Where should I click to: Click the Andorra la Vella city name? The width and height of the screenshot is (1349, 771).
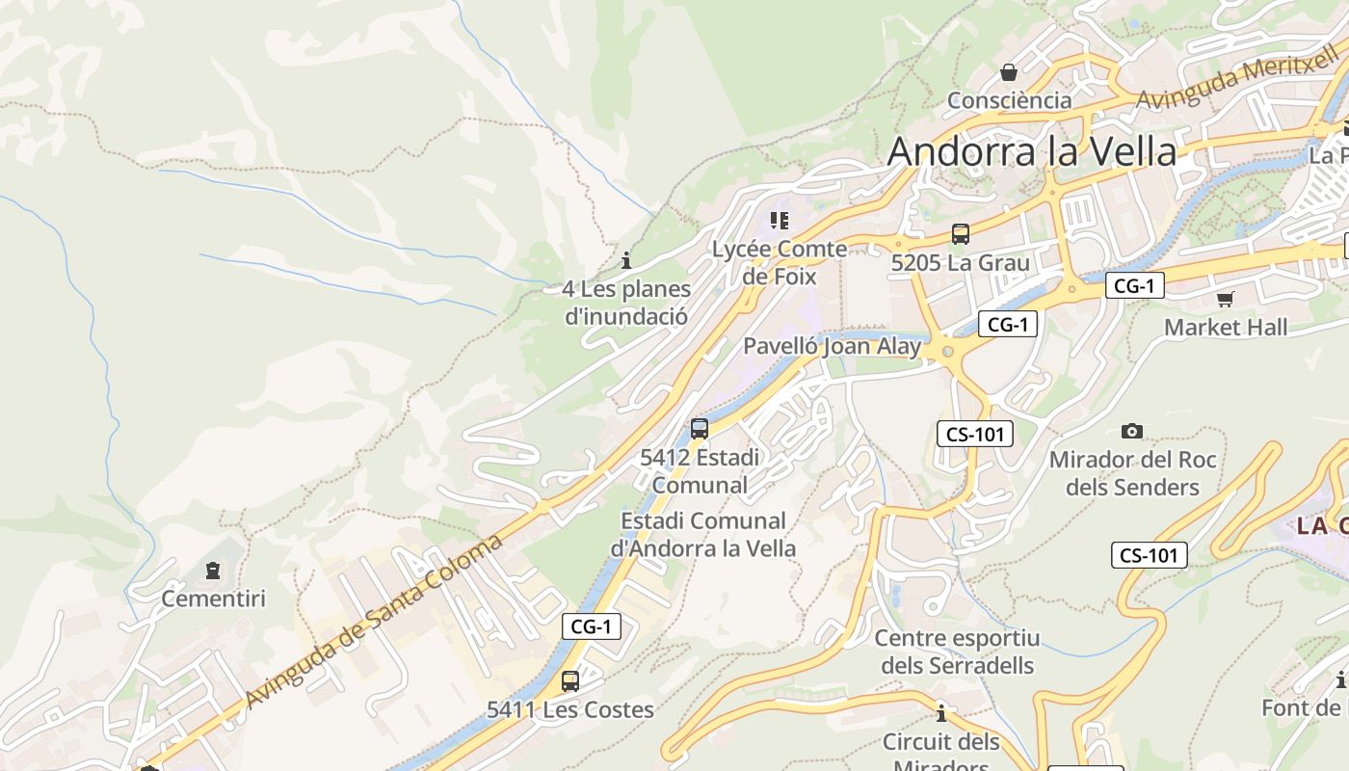click(1032, 151)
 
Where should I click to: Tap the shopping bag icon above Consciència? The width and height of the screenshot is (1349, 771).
click(1009, 72)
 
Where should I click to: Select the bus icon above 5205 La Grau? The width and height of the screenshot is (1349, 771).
click(960, 233)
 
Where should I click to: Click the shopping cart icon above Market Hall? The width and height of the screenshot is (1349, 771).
click(1225, 299)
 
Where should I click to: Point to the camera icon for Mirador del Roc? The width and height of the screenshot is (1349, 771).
click(1132, 431)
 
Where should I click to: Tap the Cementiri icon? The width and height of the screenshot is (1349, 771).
click(213, 571)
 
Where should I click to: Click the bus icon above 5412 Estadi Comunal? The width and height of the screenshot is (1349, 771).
click(700, 429)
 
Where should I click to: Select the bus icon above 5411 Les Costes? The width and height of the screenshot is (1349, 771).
click(570, 681)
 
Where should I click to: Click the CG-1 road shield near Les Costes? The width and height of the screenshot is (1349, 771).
click(591, 626)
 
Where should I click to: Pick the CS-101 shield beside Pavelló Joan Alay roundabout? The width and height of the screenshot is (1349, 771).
click(975, 434)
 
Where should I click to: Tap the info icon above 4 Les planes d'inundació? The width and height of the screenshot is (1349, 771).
click(626, 260)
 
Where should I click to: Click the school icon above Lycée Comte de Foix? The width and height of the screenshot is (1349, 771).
click(780, 221)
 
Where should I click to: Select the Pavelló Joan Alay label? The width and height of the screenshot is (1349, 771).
click(832, 346)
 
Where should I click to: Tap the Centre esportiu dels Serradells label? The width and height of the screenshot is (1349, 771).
click(957, 651)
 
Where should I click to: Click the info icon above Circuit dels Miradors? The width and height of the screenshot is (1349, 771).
click(941, 713)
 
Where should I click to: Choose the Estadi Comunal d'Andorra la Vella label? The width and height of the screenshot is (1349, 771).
click(703, 535)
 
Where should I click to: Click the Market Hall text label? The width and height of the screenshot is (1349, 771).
click(1225, 327)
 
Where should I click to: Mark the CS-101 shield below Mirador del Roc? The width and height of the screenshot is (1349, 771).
click(1149, 555)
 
